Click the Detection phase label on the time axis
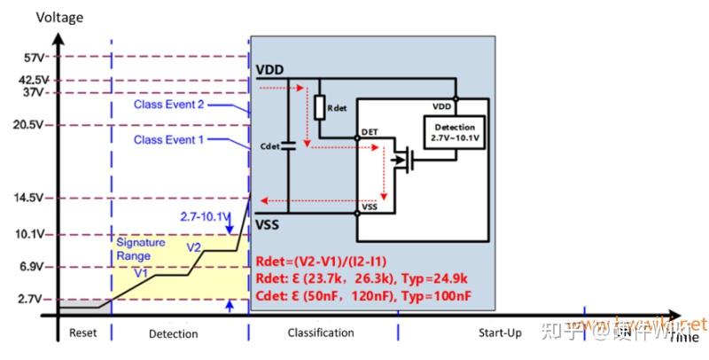173,333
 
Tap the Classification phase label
321,333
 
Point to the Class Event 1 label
169,140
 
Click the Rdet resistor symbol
320,107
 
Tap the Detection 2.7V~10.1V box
454,133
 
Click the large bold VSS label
268,224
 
